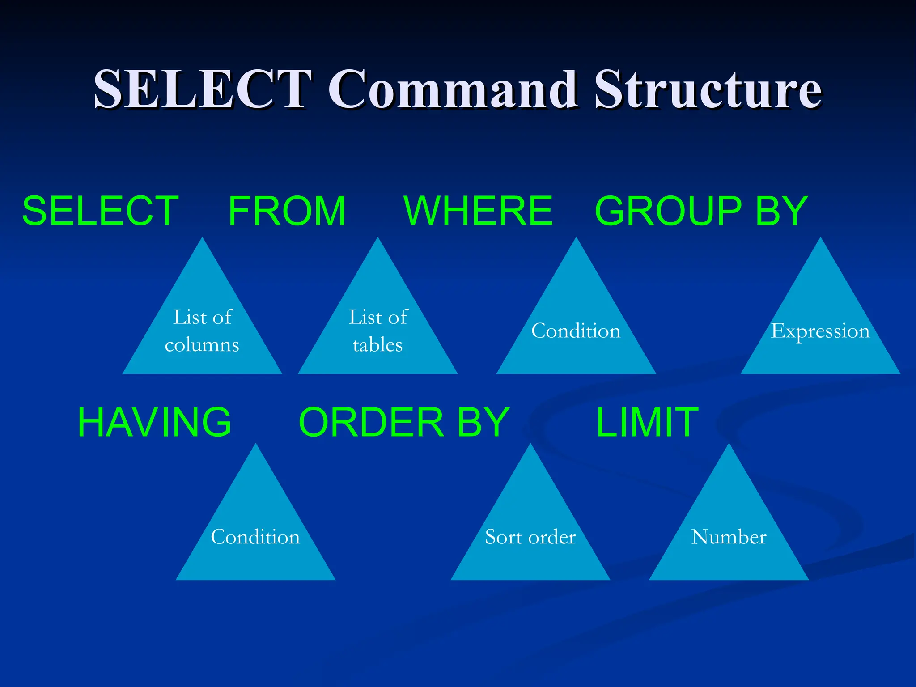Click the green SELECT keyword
pyautogui.click(x=101, y=211)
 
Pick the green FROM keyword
pyautogui.click(x=287, y=211)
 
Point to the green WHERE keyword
pyautogui.click(x=478, y=211)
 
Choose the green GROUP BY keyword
pyautogui.click(x=701, y=211)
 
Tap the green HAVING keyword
pyautogui.click(x=154, y=422)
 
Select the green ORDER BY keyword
pyautogui.click(x=404, y=422)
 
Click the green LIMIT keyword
pyautogui.click(x=647, y=422)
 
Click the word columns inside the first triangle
pyautogui.click(x=202, y=345)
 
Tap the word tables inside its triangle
pyautogui.click(x=378, y=345)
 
